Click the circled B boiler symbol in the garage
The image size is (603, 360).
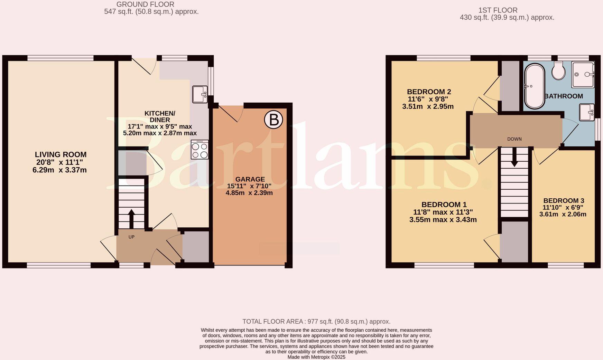coord(273,120)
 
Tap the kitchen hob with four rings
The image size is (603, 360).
coord(200,150)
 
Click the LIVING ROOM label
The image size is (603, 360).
coord(61,155)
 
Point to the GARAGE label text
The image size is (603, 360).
coord(250,179)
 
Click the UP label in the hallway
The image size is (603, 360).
coord(131,237)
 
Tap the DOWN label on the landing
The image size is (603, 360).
coord(514,139)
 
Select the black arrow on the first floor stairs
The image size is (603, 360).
coord(514,158)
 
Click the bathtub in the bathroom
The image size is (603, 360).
coord(535,86)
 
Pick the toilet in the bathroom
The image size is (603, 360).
coord(558,71)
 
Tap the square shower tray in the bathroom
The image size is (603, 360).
coord(583,74)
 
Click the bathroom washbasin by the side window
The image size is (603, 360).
coord(587,112)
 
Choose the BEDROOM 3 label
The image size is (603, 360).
coord(564,201)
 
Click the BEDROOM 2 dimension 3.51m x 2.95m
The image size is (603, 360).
coord(428,106)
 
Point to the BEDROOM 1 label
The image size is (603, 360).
coord(444,205)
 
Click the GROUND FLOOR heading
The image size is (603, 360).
coord(145,4)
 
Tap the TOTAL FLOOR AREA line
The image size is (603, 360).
coord(316,322)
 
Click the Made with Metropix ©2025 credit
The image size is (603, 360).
coord(316,357)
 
